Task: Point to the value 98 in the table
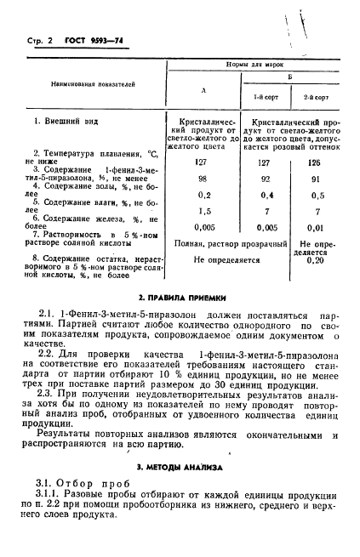pyautogui.click(x=203, y=179)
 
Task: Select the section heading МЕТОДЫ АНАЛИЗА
pyautogui.click(x=181, y=467)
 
